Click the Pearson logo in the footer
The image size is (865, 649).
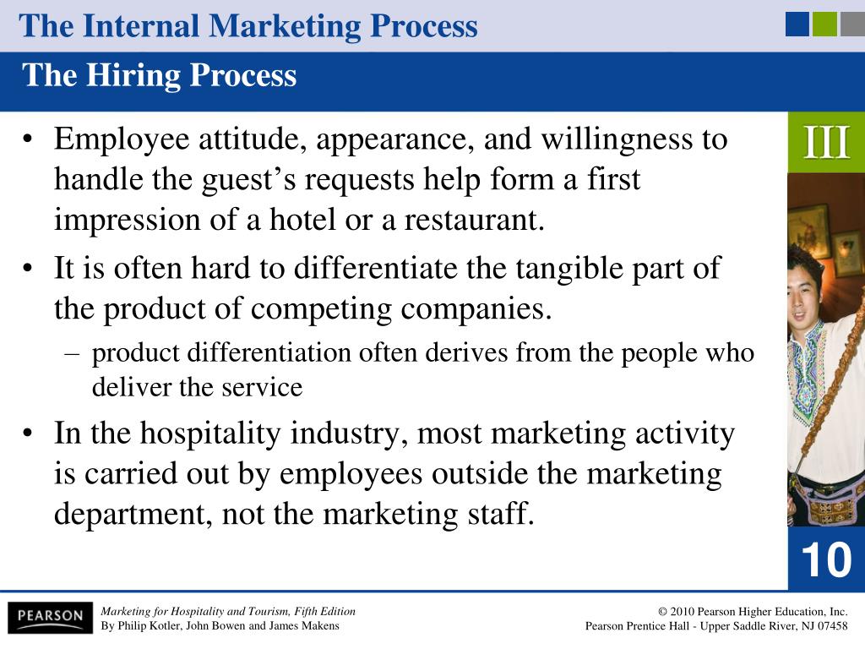50,617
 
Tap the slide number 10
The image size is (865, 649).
826,560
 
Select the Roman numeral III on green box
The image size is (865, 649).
826,142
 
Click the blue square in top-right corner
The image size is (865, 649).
797,25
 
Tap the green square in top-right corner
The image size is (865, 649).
824,25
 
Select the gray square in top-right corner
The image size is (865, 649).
852,25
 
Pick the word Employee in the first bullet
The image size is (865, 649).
122,139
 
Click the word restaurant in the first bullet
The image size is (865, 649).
475,220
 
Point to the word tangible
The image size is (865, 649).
569,270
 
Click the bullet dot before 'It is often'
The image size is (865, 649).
28,268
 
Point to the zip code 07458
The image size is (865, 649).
832,626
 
